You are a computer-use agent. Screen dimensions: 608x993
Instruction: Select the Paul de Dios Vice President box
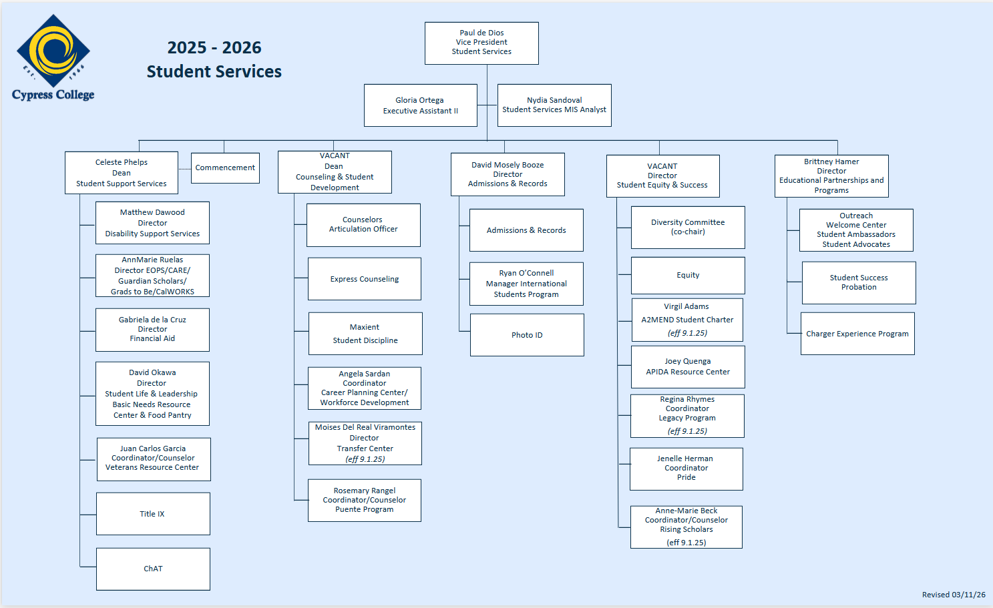click(481, 43)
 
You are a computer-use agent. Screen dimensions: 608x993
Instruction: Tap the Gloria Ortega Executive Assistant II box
click(420, 105)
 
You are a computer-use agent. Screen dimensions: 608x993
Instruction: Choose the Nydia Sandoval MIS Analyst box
click(554, 105)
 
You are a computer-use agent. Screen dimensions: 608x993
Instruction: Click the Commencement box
click(225, 168)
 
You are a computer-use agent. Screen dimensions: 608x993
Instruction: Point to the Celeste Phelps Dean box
click(122, 173)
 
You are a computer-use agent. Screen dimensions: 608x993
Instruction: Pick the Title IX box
click(153, 514)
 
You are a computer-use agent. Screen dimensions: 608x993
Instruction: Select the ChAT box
click(153, 569)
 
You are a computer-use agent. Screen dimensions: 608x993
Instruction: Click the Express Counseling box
click(365, 279)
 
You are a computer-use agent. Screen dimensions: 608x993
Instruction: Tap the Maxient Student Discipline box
click(365, 334)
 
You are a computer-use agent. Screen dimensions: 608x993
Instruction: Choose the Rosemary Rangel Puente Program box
click(365, 500)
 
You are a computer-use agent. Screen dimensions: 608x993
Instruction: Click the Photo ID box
click(527, 335)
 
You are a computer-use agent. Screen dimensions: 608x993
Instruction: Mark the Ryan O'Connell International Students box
click(526, 284)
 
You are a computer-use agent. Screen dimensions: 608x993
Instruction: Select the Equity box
click(688, 276)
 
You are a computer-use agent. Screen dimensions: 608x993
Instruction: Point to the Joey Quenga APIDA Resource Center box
click(688, 366)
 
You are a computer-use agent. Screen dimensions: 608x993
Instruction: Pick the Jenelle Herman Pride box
click(686, 469)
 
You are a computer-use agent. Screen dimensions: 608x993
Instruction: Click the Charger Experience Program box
click(857, 334)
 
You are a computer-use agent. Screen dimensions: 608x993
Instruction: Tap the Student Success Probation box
click(859, 283)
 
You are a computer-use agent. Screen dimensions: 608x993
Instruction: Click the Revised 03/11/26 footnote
click(953, 595)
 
